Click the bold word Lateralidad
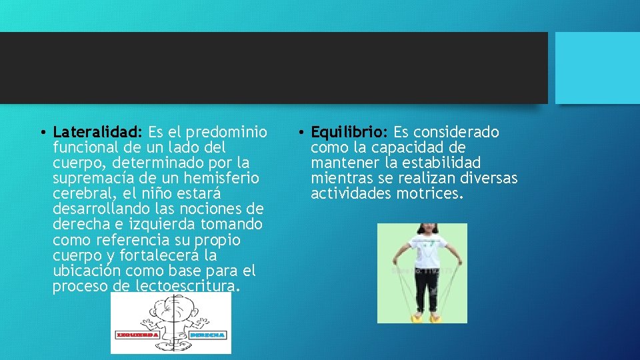pyautogui.click(x=97, y=132)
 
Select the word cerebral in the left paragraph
pyautogui.click(x=80, y=193)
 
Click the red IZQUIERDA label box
pyautogui.click(x=137, y=334)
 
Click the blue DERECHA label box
pyautogui.click(x=207, y=334)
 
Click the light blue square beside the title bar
pyautogui.click(x=597, y=67)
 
